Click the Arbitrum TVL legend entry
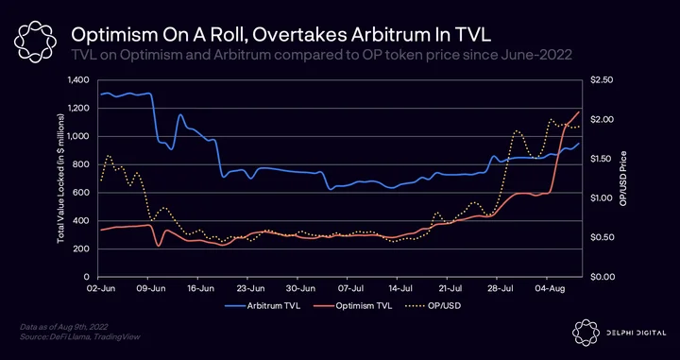pos(263,306)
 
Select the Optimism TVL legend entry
pos(352,306)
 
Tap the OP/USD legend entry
pos(433,306)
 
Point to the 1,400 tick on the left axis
pos(78,79)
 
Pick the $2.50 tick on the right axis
pos(601,79)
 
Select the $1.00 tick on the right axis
pos(601,197)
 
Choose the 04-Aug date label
pos(547,288)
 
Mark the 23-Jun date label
pos(247,288)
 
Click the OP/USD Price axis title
pos(623,179)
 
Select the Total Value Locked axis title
pos(60,179)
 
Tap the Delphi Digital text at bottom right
pos(637,333)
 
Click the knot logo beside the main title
pos(35,43)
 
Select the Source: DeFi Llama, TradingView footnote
pos(80,336)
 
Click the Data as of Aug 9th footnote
pos(64,326)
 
